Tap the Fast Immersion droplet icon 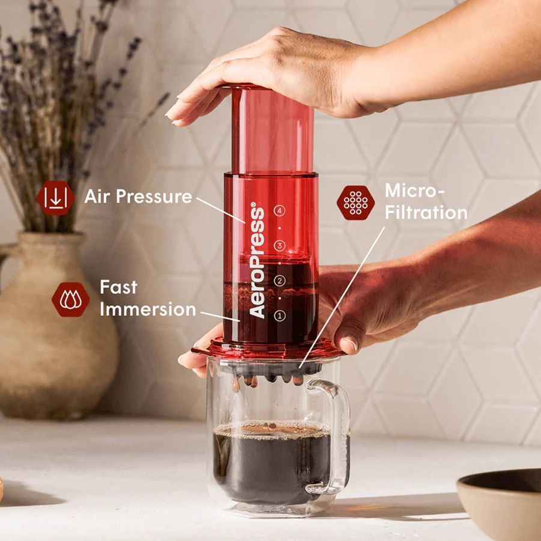(70, 299)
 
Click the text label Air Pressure (138, 197)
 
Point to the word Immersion (148, 310)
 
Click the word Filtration (426, 212)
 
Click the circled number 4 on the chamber (278, 210)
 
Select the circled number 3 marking (278, 245)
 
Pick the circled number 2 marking (278, 281)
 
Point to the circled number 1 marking (278, 315)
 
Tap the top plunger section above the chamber (272, 129)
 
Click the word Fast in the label (118, 287)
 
